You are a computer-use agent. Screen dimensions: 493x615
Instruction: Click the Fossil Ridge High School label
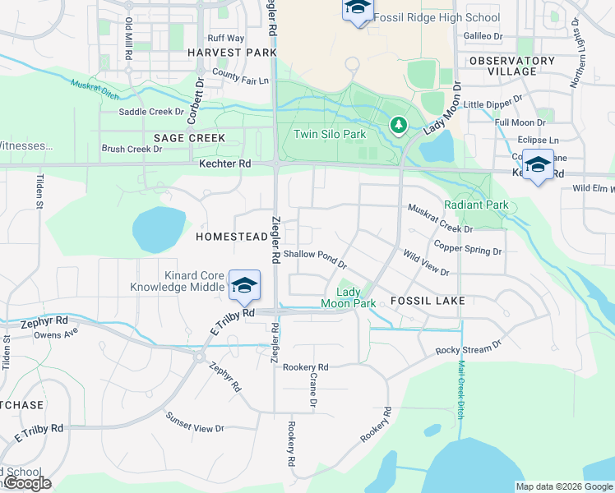[436, 17]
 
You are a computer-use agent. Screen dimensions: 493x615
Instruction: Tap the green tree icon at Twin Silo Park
[398, 125]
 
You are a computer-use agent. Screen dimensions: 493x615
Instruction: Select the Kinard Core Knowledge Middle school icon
[244, 285]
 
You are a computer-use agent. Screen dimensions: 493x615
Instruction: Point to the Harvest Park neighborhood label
[231, 53]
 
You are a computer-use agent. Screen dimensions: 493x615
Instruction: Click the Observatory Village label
[512, 66]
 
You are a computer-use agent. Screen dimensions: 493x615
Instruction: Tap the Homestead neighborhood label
[231, 237]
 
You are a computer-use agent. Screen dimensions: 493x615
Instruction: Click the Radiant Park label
[476, 205]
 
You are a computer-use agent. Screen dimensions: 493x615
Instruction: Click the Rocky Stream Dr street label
[469, 349]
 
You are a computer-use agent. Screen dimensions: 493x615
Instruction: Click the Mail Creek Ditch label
[461, 389]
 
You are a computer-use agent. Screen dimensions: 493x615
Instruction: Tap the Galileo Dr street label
[483, 36]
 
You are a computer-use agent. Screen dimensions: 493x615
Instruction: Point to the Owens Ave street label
[55, 334]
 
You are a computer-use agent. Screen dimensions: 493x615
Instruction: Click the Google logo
[26, 483]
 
